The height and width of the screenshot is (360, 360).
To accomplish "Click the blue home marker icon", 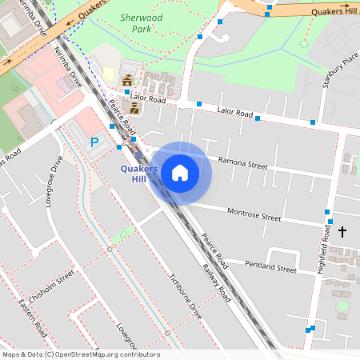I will [x=180, y=173].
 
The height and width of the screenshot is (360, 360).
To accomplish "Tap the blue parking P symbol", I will [x=94, y=142].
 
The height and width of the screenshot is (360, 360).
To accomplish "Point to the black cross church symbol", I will [x=342, y=232].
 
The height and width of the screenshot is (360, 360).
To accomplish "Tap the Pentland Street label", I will [x=270, y=266].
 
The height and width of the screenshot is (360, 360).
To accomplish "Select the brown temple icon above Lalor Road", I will [x=128, y=79].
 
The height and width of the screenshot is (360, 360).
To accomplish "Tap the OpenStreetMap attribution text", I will [x=81, y=354].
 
